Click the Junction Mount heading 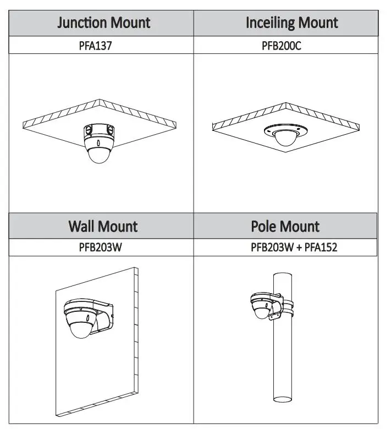(103, 23)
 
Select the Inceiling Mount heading (291, 23)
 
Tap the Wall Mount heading (103, 226)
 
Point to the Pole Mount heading (285, 226)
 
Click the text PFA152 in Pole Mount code (319, 248)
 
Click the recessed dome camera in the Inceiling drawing (284, 134)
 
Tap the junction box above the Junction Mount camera (98, 131)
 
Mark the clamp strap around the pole (287, 309)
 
